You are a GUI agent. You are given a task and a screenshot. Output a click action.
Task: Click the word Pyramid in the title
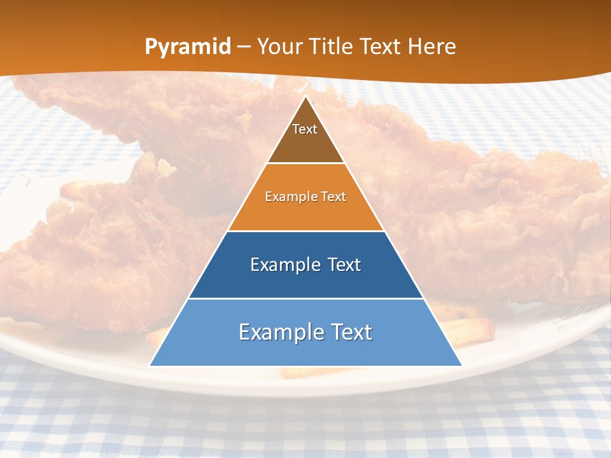187,47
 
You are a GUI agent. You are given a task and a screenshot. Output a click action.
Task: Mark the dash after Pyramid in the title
244,47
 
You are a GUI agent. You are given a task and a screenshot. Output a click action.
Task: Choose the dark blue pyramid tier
305,280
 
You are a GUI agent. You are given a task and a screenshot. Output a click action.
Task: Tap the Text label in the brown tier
305,129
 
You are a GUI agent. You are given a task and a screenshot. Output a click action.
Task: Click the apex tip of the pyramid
305,97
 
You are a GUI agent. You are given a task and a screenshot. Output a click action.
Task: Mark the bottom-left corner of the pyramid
150,365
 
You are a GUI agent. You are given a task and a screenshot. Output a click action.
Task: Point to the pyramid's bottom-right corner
461,365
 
